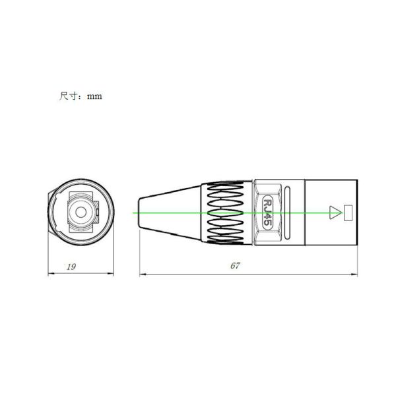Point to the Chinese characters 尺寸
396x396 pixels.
(x=69, y=96)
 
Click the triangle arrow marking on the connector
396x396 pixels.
(x=335, y=213)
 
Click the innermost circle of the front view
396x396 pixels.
(x=82, y=213)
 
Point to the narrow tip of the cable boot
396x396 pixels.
(x=139, y=213)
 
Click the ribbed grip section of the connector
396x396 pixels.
(x=228, y=213)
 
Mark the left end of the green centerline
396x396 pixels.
(x=134, y=213)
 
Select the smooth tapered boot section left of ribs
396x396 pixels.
(x=172, y=213)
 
